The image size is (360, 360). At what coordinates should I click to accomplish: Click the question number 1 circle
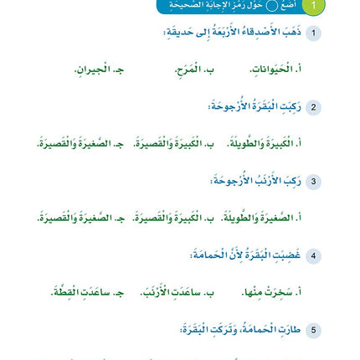point(313,33)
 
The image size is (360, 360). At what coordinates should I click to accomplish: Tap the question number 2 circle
point(313,107)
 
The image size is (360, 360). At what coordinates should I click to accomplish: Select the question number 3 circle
point(313,181)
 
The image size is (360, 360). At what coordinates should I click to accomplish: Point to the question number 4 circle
point(313,255)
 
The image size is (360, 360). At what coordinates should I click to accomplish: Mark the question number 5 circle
point(313,329)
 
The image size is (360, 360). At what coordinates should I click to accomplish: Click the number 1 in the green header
point(313,6)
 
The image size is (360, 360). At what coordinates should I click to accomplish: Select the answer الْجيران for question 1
point(105,69)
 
